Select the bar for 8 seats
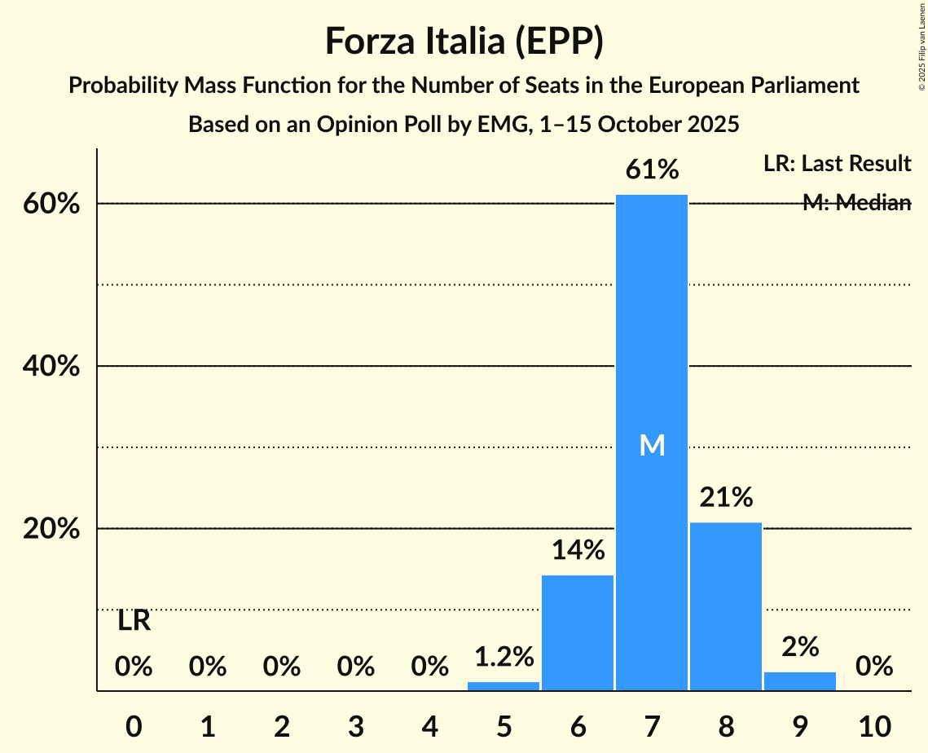click(725, 606)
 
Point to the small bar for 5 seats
click(503, 686)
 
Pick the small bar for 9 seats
click(799, 681)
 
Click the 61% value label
click(651, 170)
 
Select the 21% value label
click(725, 497)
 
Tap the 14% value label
click(577, 551)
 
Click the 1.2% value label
click(503, 656)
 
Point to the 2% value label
click(799, 646)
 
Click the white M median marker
click(652, 445)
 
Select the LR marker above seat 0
click(134, 621)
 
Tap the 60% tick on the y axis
click(51, 204)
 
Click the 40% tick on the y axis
click(51, 367)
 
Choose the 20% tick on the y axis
click(51, 529)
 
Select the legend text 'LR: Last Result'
click(837, 164)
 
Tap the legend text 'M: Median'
click(855, 203)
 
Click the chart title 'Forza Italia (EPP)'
click(464, 42)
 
